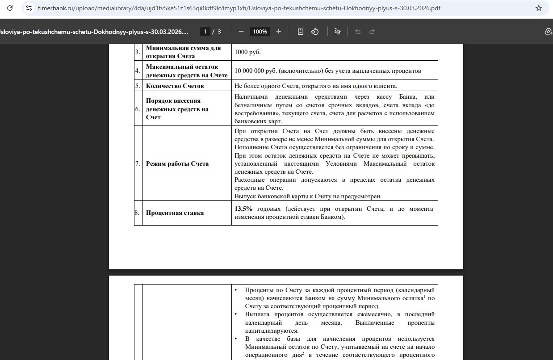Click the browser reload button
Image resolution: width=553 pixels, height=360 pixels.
(10, 8)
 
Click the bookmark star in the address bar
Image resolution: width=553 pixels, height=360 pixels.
(539, 8)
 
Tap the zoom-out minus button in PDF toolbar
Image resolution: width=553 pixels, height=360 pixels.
(241, 31)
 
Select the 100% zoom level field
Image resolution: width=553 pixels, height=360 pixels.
(260, 31)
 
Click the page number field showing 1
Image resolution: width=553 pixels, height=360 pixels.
(205, 31)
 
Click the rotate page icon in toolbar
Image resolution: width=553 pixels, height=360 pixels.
(315, 31)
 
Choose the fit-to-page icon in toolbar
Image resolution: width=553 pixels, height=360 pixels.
(301, 31)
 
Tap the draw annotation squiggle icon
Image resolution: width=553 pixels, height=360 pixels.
(337, 31)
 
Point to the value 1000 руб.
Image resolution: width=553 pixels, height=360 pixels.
(247, 52)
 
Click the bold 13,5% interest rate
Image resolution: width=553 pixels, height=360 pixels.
(243, 209)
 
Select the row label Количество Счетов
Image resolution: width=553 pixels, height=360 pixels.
(175, 86)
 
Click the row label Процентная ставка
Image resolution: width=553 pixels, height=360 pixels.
(175, 213)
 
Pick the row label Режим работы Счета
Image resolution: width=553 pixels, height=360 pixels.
(177, 163)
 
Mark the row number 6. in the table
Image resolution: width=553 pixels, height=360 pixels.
(138, 109)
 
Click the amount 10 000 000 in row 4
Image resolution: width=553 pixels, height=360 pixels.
(251, 71)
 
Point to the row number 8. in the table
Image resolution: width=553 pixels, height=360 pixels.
(138, 213)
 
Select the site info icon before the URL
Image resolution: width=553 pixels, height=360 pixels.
(29, 8)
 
